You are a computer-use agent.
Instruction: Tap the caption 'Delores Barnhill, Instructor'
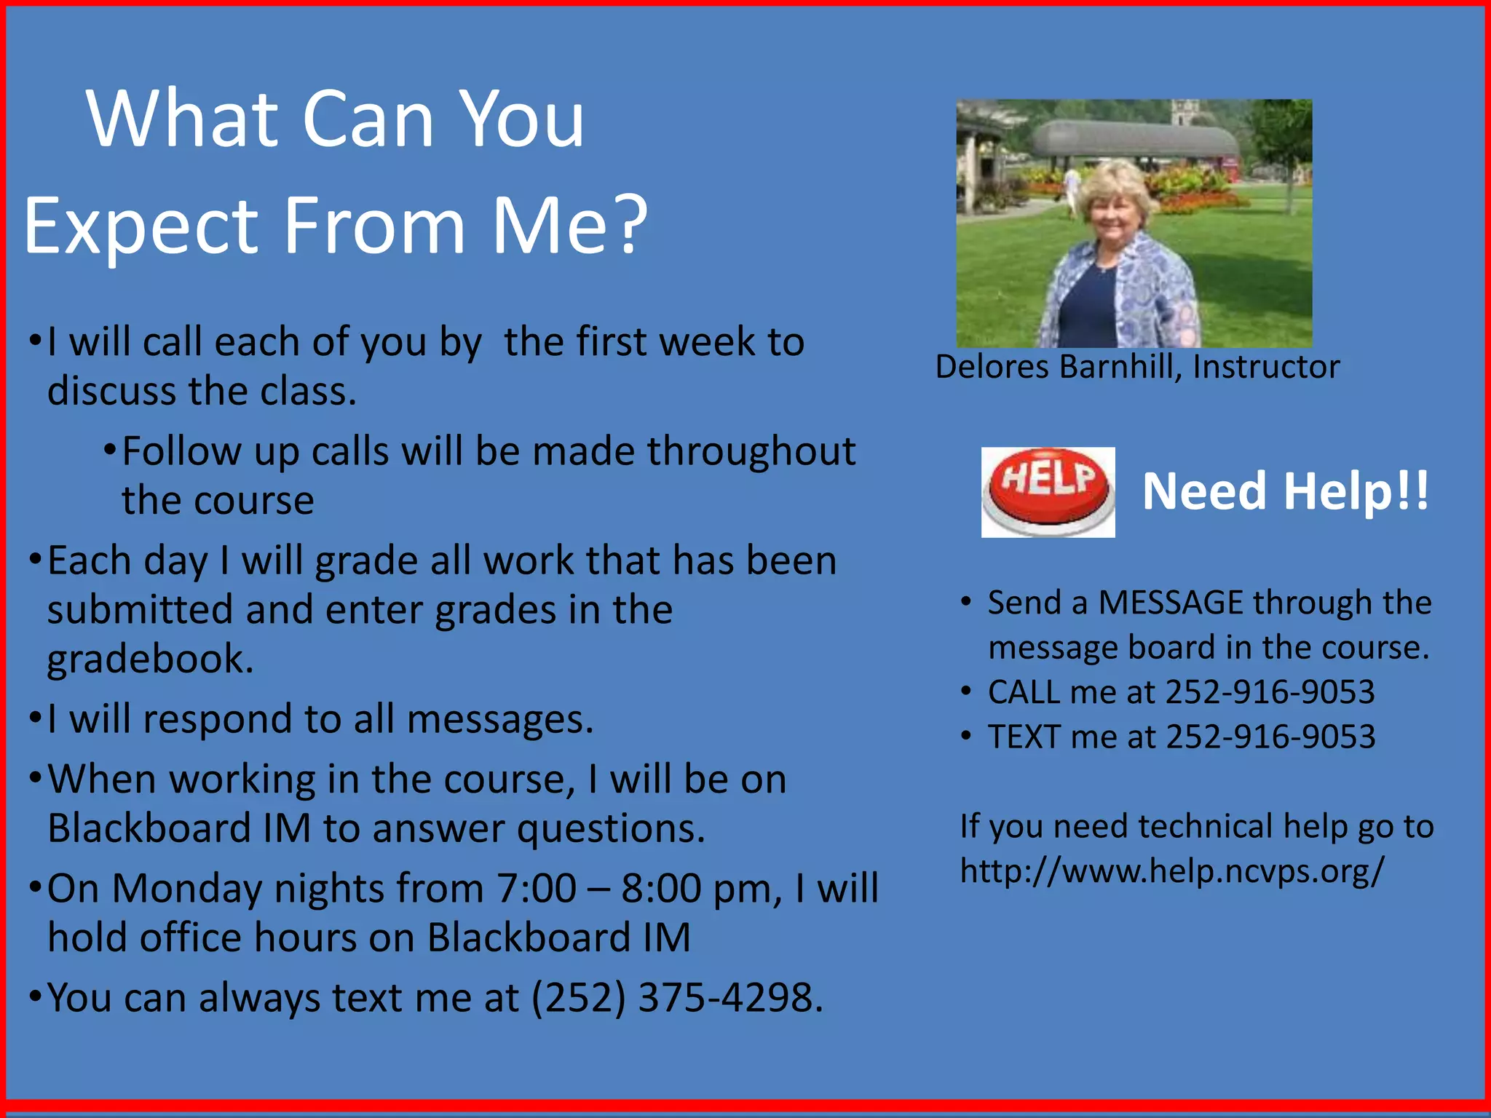[x=1136, y=367]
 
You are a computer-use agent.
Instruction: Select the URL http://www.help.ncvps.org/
[x=1171, y=871]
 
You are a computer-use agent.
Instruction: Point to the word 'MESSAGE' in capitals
[x=1170, y=603]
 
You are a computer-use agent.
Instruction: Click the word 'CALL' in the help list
[x=1023, y=692]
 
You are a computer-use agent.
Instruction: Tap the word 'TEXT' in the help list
[x=1023, y=737]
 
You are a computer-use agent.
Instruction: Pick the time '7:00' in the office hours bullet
[x=536, y=889]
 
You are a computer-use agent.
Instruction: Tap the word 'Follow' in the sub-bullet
[x=181, y=451]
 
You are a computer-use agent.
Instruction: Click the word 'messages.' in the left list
[x=500, y=719]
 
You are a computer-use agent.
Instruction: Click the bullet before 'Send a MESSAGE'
[x=965, y=603]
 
